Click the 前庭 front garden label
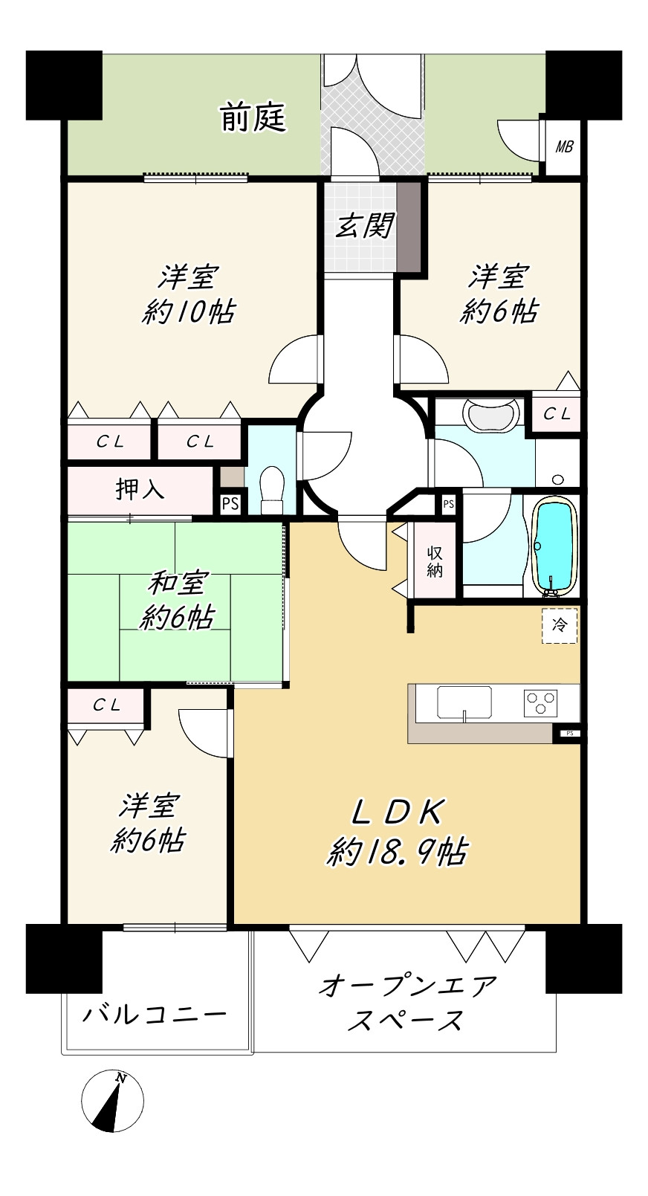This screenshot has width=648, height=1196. pyautogui.click(x=253, y=117)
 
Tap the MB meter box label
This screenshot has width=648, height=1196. pyautogui.click(x=564, y=146)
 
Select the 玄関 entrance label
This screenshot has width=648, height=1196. pyautogui.click(x=365, y=225)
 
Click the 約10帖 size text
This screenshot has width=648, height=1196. pyautogui.click(x=188, y=311)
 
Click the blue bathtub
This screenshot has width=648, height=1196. pyautogui.click(x=555, y=545)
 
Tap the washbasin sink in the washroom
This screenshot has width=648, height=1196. pyautogui.click(x=491, y=415)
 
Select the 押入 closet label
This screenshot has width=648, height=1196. pyautogui.click(x=140, y=489)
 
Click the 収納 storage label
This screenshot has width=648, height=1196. pyautogui.click(x=435, y=562)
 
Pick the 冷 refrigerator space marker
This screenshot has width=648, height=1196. pyautogui.click(x=560, y=625)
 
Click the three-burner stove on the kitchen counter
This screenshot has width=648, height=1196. pyautogui.click(x=541, y=702)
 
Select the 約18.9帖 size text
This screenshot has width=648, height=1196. pyautogui.click(x=398, y=852)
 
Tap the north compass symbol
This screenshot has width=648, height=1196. pyautogui.click(x=112, y=1101)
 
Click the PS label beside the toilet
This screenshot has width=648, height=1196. pyautogui.click(x=230, y=504)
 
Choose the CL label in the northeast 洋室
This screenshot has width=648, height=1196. pyautogui.click(x=557, y=414)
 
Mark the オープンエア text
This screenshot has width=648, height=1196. pyautogui.click(x=408, y=986)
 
